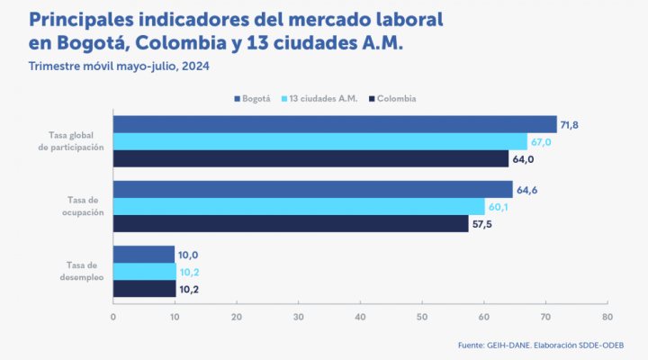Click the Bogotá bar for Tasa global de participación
[x=335, y=124]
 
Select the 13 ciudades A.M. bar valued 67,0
[x=320, y=141]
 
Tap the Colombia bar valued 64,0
[x=310, y=158]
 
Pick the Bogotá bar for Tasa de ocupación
[x=312, y=189]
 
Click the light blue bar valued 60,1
[x=299, y=206]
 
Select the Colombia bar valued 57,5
[x=291, y=223]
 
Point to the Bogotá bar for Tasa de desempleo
[x=144, y=255]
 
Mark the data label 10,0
[x=190, y=256]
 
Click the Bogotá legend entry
[x=255, y=98]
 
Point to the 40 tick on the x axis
[x=360, y=317]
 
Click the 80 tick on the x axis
[x=607, y=317]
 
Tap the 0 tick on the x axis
[x=113, y=317]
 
